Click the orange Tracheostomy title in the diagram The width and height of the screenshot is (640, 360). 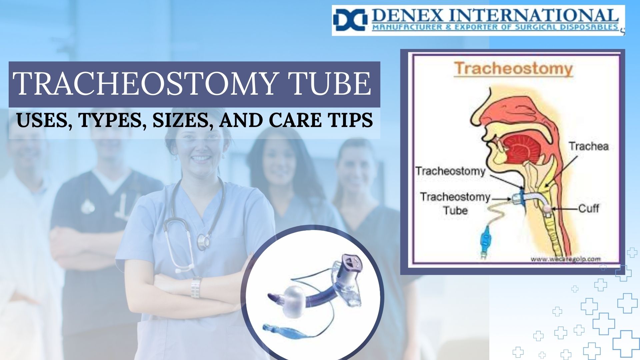513,69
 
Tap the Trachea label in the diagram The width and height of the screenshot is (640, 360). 588,146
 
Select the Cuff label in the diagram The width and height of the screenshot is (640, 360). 588,209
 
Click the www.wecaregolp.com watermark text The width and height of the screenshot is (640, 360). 566,259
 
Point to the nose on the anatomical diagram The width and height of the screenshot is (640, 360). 480,110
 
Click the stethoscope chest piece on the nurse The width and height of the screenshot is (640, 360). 203,241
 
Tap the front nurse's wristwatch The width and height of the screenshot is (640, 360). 196,287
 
